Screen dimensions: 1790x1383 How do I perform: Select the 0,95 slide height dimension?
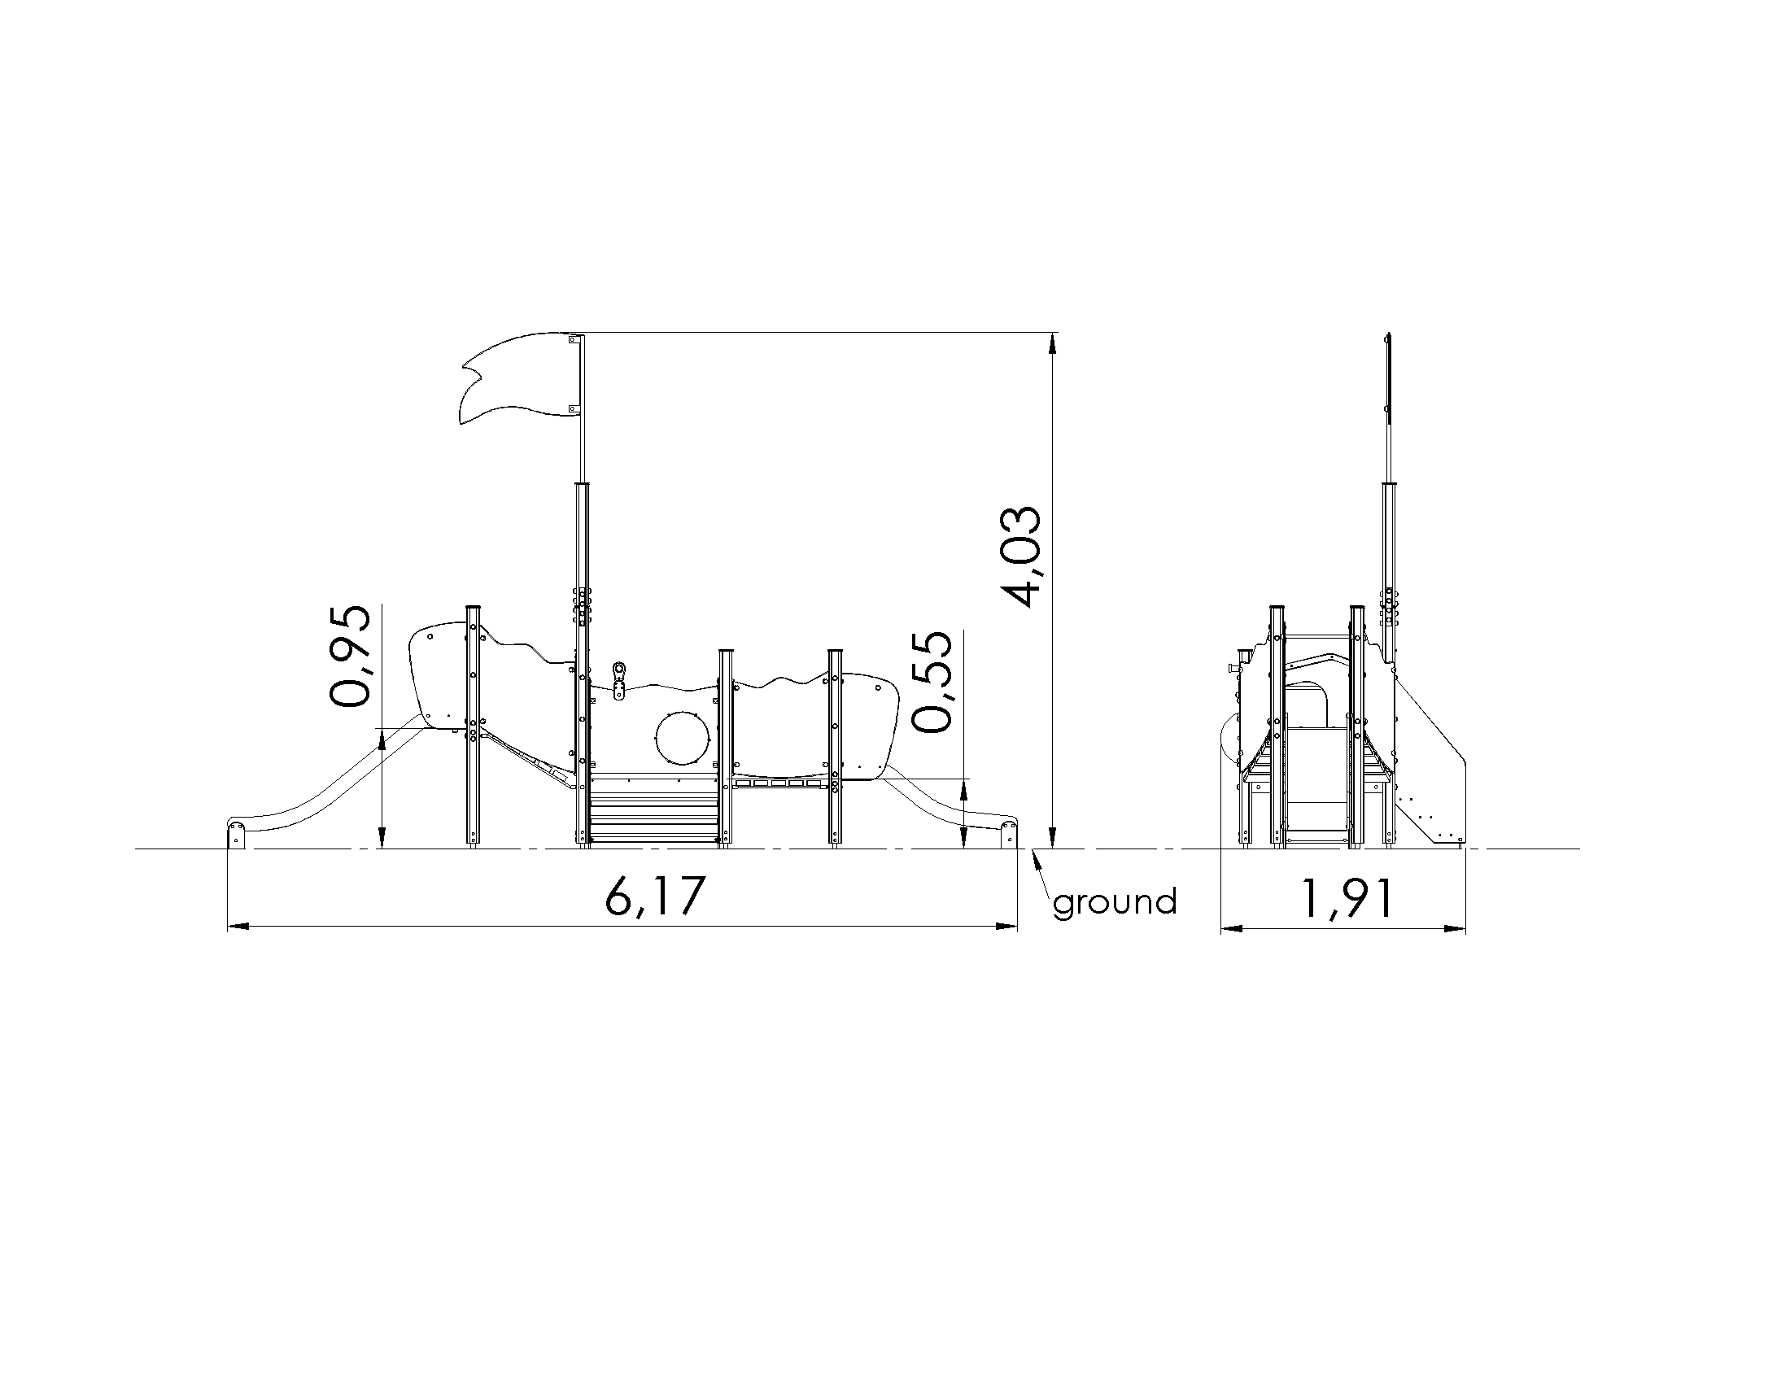pyautogui.click(x=351, y=657)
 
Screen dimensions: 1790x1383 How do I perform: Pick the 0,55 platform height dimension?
pyautogui.click(x=932, y=682)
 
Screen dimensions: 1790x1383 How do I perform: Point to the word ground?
pyautogui.click(x=1115, y=903)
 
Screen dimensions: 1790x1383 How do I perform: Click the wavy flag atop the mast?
pyautogui.click(x=520, y=377)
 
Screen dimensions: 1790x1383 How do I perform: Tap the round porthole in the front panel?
pyautogui.click(x=680, y=738)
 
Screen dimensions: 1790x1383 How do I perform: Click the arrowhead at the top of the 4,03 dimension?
pyautogui.click(x=1053, y=342)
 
